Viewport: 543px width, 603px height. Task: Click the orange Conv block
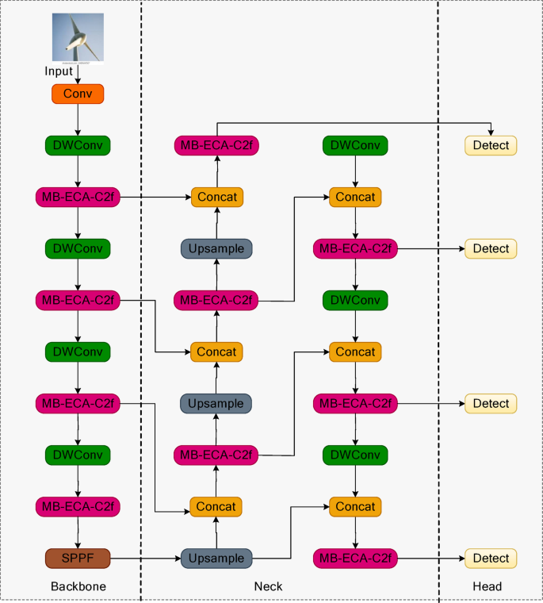(78, 94)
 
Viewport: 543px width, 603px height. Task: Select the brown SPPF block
(78, 559)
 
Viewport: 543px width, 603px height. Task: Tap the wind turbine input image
(78, 37)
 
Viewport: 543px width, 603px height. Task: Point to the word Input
(59, 71)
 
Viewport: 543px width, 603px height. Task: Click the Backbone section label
(78, 586)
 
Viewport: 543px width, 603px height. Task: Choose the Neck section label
(268, 586)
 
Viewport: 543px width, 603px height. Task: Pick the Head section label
(488, 586)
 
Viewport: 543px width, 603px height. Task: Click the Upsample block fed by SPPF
(216, 559)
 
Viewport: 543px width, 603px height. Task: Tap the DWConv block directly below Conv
(78, 145)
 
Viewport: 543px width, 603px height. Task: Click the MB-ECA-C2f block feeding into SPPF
(78, 506)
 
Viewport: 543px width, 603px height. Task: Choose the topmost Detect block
(491, 145)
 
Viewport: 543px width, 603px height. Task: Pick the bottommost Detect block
(491, 559)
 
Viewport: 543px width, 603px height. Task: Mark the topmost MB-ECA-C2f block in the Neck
(216, 145)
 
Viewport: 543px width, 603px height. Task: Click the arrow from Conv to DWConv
(78, 120)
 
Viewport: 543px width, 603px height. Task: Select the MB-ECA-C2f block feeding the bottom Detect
(355, 559)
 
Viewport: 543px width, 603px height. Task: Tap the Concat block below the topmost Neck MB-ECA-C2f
(216, 197)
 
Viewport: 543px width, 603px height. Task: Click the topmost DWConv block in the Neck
(355, 145)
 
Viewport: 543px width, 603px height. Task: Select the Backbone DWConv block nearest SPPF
(78, 455)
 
